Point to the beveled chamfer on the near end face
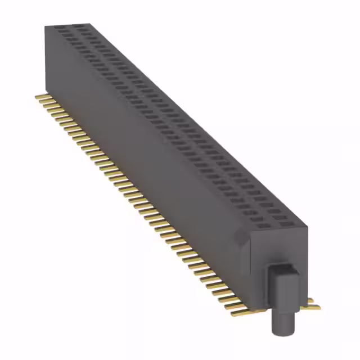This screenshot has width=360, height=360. [x=244, y=238]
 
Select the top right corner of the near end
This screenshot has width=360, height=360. [x=308, y=226]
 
